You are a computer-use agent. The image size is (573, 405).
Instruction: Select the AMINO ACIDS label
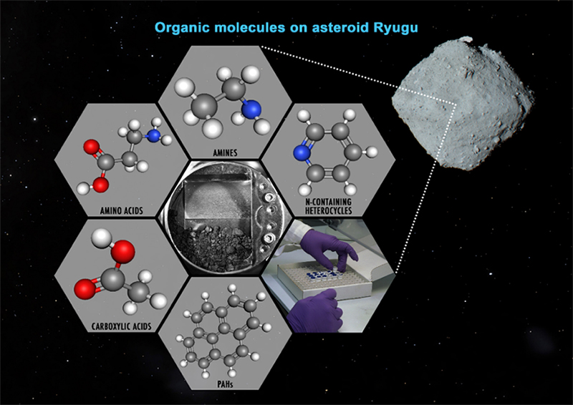(128, 211)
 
